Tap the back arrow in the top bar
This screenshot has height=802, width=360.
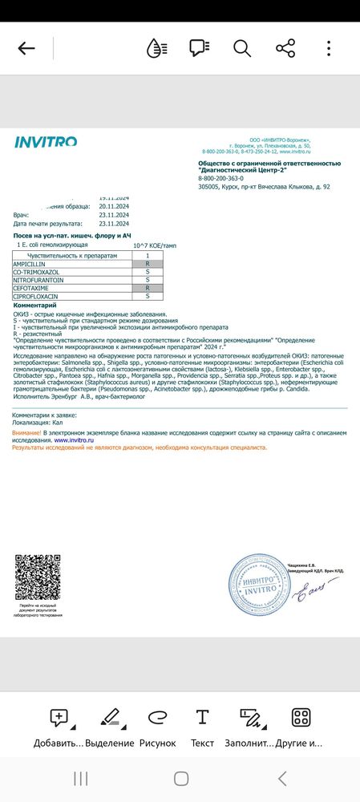(26, 48)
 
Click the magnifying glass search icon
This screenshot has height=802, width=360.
(241, 48)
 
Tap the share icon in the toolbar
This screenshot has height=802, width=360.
(285, 48)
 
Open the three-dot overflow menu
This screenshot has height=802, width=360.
(329, 48)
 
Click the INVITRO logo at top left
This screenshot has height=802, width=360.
(46, 142)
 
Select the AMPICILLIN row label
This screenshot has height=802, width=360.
(31, 264)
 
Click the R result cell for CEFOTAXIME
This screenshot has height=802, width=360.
(148, 287)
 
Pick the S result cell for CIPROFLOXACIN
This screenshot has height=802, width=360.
(148, 295)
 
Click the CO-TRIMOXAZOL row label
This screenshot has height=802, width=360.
(37, 272)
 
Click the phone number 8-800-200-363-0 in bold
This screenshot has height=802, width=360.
(224, 178)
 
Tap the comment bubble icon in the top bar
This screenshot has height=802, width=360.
(199, 48)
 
